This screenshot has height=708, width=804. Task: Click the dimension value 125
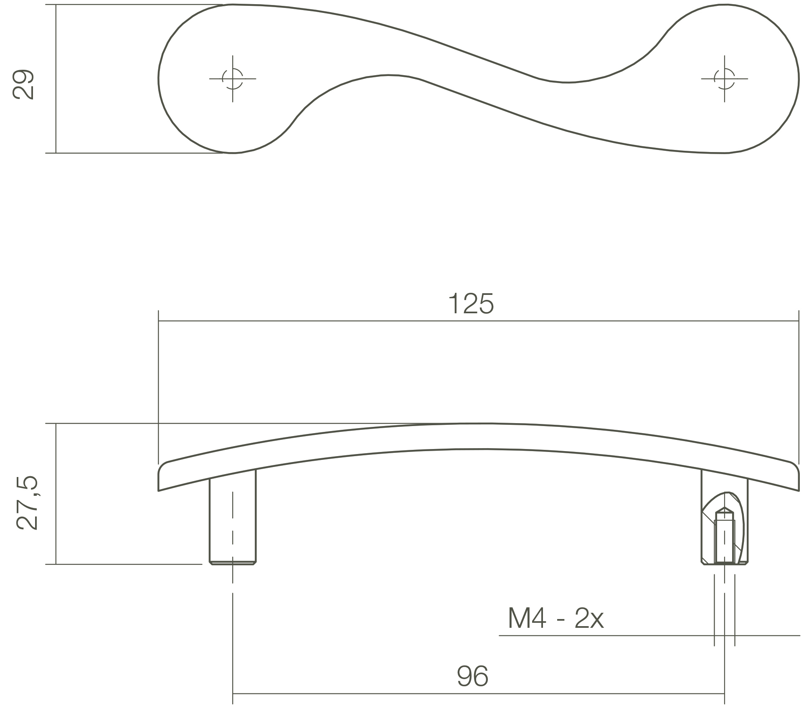click(471, 304)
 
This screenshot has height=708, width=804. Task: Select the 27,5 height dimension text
click(27, 503)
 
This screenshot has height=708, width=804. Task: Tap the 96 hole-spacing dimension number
click(472, 676)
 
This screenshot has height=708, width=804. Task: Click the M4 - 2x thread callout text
click(555, 619)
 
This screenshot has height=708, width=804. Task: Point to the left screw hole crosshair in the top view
click(233, 79)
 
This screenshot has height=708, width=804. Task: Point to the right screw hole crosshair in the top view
click(724, 79)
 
